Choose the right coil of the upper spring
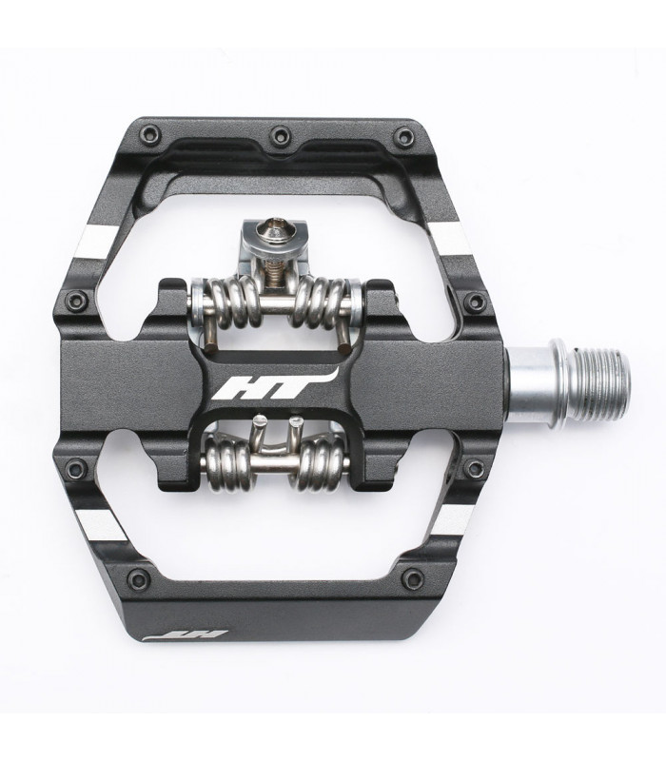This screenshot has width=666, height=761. [327, 298]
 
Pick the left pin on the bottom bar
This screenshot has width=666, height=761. [137, 576]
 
